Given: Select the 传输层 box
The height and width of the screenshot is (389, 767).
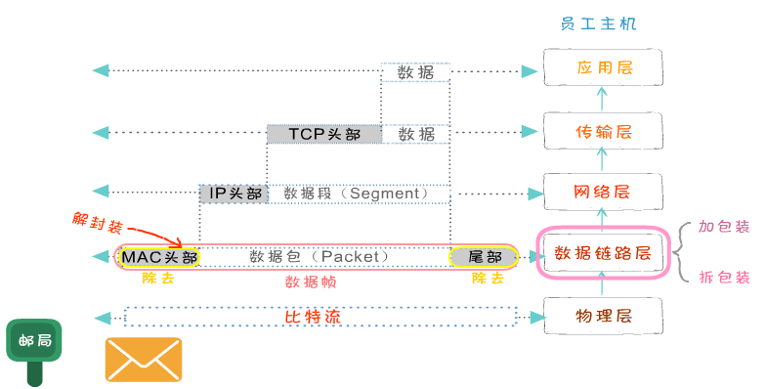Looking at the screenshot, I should click(602, 132).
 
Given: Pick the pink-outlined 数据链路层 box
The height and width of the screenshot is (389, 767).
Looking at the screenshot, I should click(602, 253).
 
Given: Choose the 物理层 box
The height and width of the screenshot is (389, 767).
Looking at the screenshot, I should click(602, 316).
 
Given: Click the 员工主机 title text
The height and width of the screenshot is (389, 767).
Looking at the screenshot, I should click(600, 22).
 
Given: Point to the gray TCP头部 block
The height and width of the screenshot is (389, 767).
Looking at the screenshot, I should click(323, 134).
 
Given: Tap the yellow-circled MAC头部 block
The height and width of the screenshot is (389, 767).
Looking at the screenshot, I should click(159, 257).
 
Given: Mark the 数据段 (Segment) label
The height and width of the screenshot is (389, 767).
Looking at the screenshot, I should click(356, 194).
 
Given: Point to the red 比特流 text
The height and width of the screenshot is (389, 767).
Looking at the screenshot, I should click(316, 317).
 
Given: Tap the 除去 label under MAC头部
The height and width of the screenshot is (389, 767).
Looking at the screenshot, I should click(158, 279).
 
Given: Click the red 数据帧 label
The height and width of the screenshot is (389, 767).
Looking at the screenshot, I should click(311, 281).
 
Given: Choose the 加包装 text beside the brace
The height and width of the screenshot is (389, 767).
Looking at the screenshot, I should click(724, 227).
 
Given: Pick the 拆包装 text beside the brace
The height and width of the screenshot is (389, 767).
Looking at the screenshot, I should click(724, 277).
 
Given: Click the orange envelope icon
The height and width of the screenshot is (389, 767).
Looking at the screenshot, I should click(144, 359).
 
